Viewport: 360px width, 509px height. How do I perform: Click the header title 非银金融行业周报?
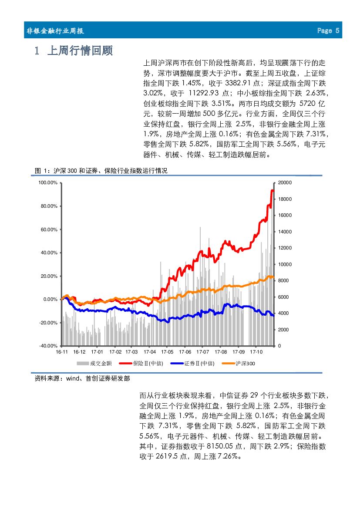[55, 31]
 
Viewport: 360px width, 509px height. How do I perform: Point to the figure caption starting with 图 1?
[101, 171]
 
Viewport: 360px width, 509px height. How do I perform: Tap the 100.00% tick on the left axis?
[48, 183]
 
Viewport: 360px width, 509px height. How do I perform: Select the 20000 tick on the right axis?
[285, 183]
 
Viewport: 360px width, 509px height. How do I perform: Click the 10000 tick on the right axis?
[285, 264]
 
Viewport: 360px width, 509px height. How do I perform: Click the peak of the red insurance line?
[273, 190]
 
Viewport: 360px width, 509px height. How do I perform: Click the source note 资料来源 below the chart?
[82, 379]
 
